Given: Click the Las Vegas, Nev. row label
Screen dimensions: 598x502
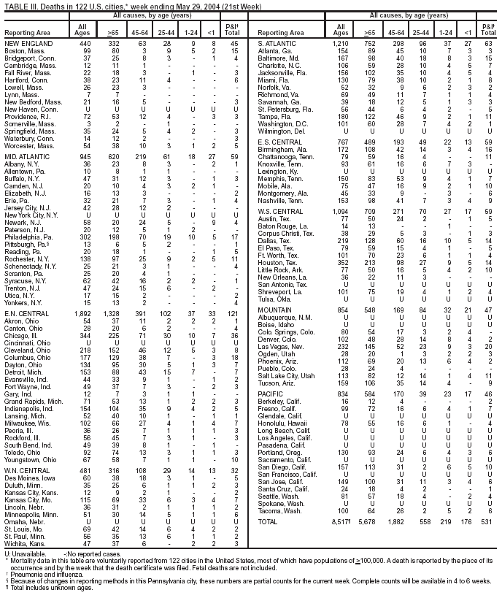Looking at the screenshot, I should [279, 345].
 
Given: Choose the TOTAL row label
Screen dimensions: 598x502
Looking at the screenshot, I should [269, 523].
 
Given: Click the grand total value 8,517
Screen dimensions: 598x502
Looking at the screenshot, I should [341, 523].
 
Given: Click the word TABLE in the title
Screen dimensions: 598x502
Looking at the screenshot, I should [15, 6].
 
